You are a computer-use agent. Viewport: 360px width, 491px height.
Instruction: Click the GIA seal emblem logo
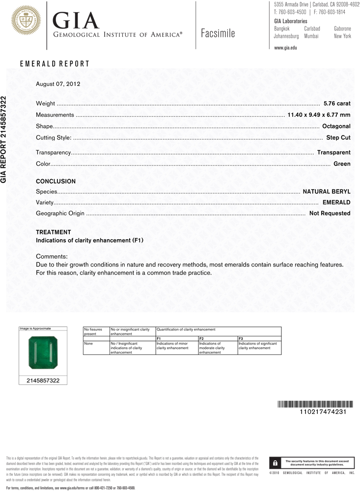25,21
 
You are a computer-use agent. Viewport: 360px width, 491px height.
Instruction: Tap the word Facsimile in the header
218,33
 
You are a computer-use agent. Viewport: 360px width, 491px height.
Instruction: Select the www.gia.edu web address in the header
285,48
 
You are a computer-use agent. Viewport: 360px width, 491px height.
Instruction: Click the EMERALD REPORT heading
55,64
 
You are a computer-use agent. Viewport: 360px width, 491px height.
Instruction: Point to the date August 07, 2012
58,84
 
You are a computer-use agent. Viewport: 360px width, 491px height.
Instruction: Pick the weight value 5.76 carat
337,104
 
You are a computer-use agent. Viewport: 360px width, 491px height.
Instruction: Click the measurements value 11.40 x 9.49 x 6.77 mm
318,115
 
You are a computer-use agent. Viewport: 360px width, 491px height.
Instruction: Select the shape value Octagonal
336,126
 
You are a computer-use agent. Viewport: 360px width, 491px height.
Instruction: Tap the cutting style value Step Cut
338,137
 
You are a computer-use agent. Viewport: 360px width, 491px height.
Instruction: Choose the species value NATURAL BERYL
327,191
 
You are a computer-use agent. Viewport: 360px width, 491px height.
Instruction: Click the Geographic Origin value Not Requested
330,213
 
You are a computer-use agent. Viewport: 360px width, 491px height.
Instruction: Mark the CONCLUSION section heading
56,181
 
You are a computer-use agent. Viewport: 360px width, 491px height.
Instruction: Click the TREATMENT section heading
54,232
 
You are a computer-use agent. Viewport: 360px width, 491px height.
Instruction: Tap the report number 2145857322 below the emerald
43,381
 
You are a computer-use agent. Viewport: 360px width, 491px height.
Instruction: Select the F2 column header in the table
201,339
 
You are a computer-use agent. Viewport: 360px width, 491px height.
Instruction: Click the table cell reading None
88,344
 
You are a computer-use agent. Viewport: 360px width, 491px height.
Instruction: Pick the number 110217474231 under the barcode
323,412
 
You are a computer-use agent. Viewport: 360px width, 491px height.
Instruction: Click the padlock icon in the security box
276,463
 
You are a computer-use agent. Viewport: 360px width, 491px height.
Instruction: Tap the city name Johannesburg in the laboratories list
286,36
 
